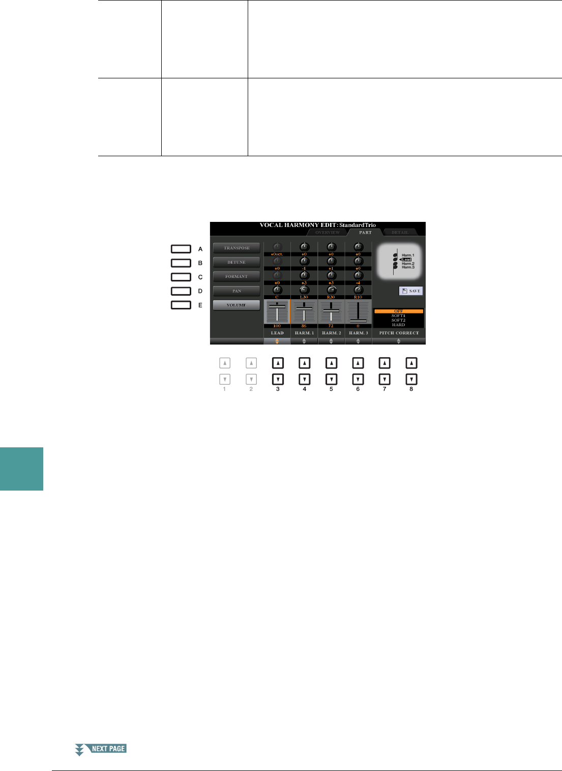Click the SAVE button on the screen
click(x=411, y=291)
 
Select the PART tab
click(x=365, y=233)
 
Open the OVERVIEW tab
click(x=328, y=233)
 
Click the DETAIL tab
click(x=400, y=233)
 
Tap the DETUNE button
click(x=236, y=262)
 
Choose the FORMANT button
click(x=236, y=276)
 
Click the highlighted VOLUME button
click(x=236, y=305)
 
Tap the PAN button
click(x=236, y=291)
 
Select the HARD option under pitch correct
click(x=399, y=325)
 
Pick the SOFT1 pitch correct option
click(x=399, y=316)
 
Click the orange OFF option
click(x=399, y=311)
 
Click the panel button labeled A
click(x=181, y=249)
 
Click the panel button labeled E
click(x=181, y=305)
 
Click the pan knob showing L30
click(x=304, y=291)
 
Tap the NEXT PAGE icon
click(x=101, y=749)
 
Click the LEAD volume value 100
click(x=277, y=326)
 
